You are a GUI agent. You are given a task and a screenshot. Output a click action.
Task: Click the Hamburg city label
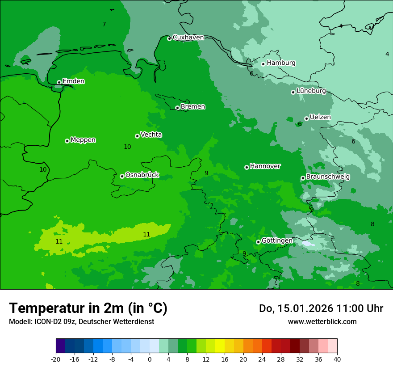point(281,63)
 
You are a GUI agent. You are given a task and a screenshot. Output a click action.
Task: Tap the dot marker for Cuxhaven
point(169,38)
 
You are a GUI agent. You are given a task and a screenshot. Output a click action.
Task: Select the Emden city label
point(73,81)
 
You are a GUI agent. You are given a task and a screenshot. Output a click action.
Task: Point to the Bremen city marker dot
point(177,108)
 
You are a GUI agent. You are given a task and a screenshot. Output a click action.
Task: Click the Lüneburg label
point(311,91)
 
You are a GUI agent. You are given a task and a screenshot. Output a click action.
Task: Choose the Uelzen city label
point(320,117)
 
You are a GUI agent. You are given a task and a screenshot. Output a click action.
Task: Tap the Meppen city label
point(83,140)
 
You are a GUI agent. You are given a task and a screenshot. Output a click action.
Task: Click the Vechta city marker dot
point(137,136)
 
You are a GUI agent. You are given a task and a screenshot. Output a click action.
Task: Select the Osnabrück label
point(142,175)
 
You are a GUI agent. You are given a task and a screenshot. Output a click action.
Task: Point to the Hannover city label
point(265,166)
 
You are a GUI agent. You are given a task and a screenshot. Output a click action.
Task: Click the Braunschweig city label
point(328,177)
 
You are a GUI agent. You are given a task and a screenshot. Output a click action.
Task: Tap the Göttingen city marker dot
point(258,242)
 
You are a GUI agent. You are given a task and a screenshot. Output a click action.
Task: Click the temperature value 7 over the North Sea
point(104,25)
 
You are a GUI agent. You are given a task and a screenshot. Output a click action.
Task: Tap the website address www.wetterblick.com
point(322,321)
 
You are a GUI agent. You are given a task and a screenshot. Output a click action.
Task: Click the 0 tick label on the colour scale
point(150,359)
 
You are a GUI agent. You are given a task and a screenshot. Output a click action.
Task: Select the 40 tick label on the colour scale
point(337,359)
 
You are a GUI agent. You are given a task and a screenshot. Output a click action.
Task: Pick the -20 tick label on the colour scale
point(55,359)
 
